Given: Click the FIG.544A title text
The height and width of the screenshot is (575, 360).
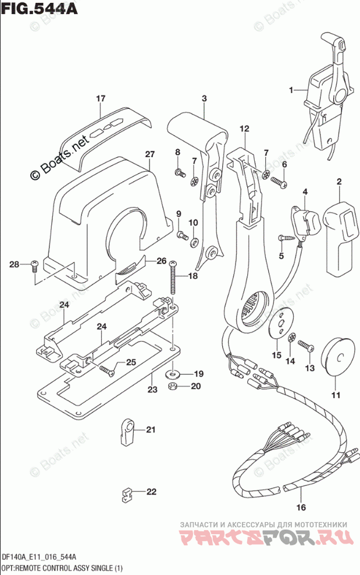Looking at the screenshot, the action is coord(39,8).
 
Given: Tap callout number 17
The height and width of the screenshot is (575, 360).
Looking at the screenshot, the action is coord(101,98).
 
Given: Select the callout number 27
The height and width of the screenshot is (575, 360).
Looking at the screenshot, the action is coord(150,154).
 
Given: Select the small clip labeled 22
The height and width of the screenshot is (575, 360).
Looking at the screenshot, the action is coord(127,496).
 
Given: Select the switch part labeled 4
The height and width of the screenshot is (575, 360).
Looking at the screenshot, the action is coord(302,221).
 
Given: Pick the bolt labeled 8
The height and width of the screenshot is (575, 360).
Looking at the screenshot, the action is coord(180,172).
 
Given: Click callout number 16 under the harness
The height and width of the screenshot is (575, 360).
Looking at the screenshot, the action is coord(301,507).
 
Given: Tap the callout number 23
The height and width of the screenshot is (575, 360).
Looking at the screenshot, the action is coord(152,389).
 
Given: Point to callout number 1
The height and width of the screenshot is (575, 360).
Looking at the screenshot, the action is coord(291,90).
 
